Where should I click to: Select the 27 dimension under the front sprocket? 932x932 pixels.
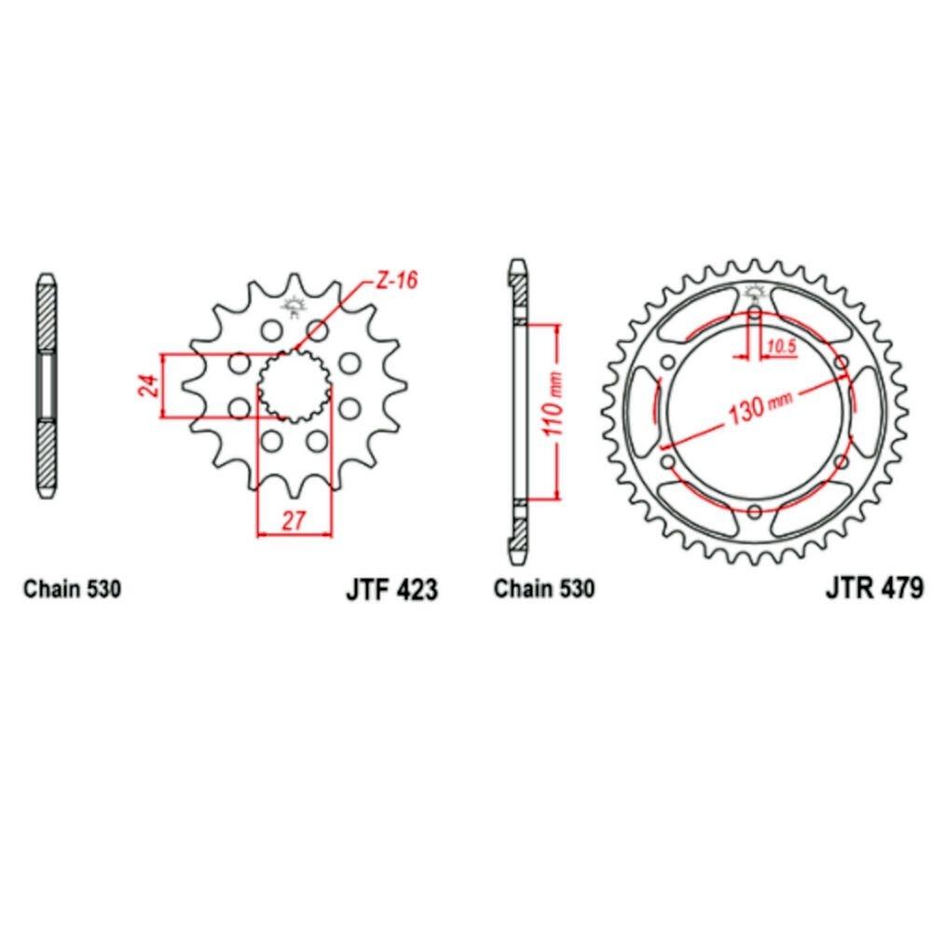coord(295,520)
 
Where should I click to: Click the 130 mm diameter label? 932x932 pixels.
coord(760,407)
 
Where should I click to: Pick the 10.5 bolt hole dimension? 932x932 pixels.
coord(778,348)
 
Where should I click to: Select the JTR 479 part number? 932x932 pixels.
coord(873,588)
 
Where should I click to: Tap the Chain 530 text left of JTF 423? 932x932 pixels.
coord(72,590)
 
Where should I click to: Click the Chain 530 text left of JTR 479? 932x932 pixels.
coord(543,590)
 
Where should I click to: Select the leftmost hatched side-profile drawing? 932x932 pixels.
coord(47,385)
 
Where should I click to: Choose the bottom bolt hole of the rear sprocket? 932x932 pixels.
coord(755,512)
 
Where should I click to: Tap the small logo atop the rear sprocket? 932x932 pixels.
coord(755,292)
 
